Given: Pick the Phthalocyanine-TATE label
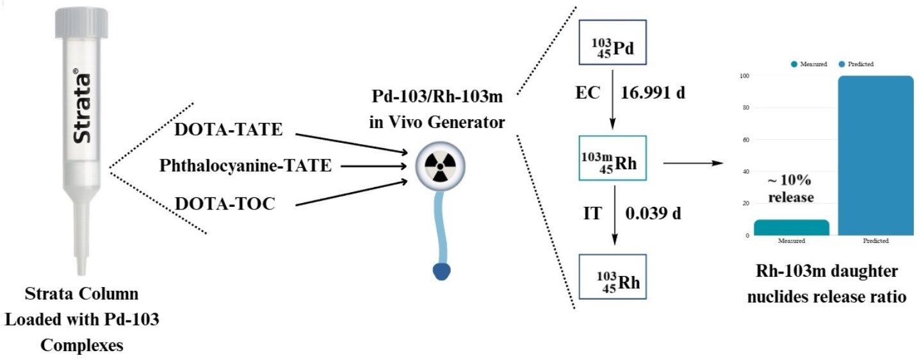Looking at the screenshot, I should [245, 166].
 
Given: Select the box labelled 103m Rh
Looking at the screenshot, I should [612, 158].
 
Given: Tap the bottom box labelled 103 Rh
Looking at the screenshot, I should [612, 277].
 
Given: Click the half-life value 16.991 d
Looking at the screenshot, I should [653, 93].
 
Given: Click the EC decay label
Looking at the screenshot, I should [587, 93].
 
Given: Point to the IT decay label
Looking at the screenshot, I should [592, 213].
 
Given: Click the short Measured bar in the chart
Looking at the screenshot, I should [791, 227].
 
